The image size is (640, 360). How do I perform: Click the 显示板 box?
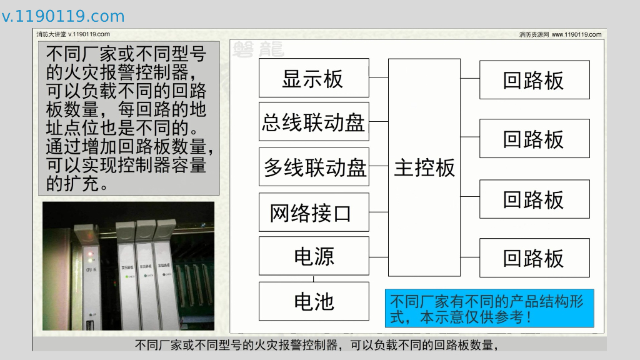click(314, 78)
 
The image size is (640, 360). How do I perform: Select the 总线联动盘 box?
click(314, 122)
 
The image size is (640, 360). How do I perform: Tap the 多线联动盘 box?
click(314, 167)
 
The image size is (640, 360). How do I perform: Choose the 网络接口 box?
click(314, 212)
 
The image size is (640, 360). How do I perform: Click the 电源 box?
click(314, 256)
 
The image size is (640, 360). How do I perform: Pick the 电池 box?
click(314, 301)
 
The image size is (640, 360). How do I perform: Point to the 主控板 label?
click(424, 167)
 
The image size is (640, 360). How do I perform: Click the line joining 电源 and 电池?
click(314, 278)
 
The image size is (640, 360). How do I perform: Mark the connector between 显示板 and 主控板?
click(379, 78)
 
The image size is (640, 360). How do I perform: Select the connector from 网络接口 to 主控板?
click(379, 212)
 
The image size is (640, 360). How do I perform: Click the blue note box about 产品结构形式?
click(489, 308)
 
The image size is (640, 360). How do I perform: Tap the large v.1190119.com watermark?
click(63, 16)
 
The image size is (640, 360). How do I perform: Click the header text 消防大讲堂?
click(51, 34)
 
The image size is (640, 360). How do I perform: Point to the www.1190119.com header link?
click(576, 34)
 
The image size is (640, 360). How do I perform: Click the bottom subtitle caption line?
click(319, 344)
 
